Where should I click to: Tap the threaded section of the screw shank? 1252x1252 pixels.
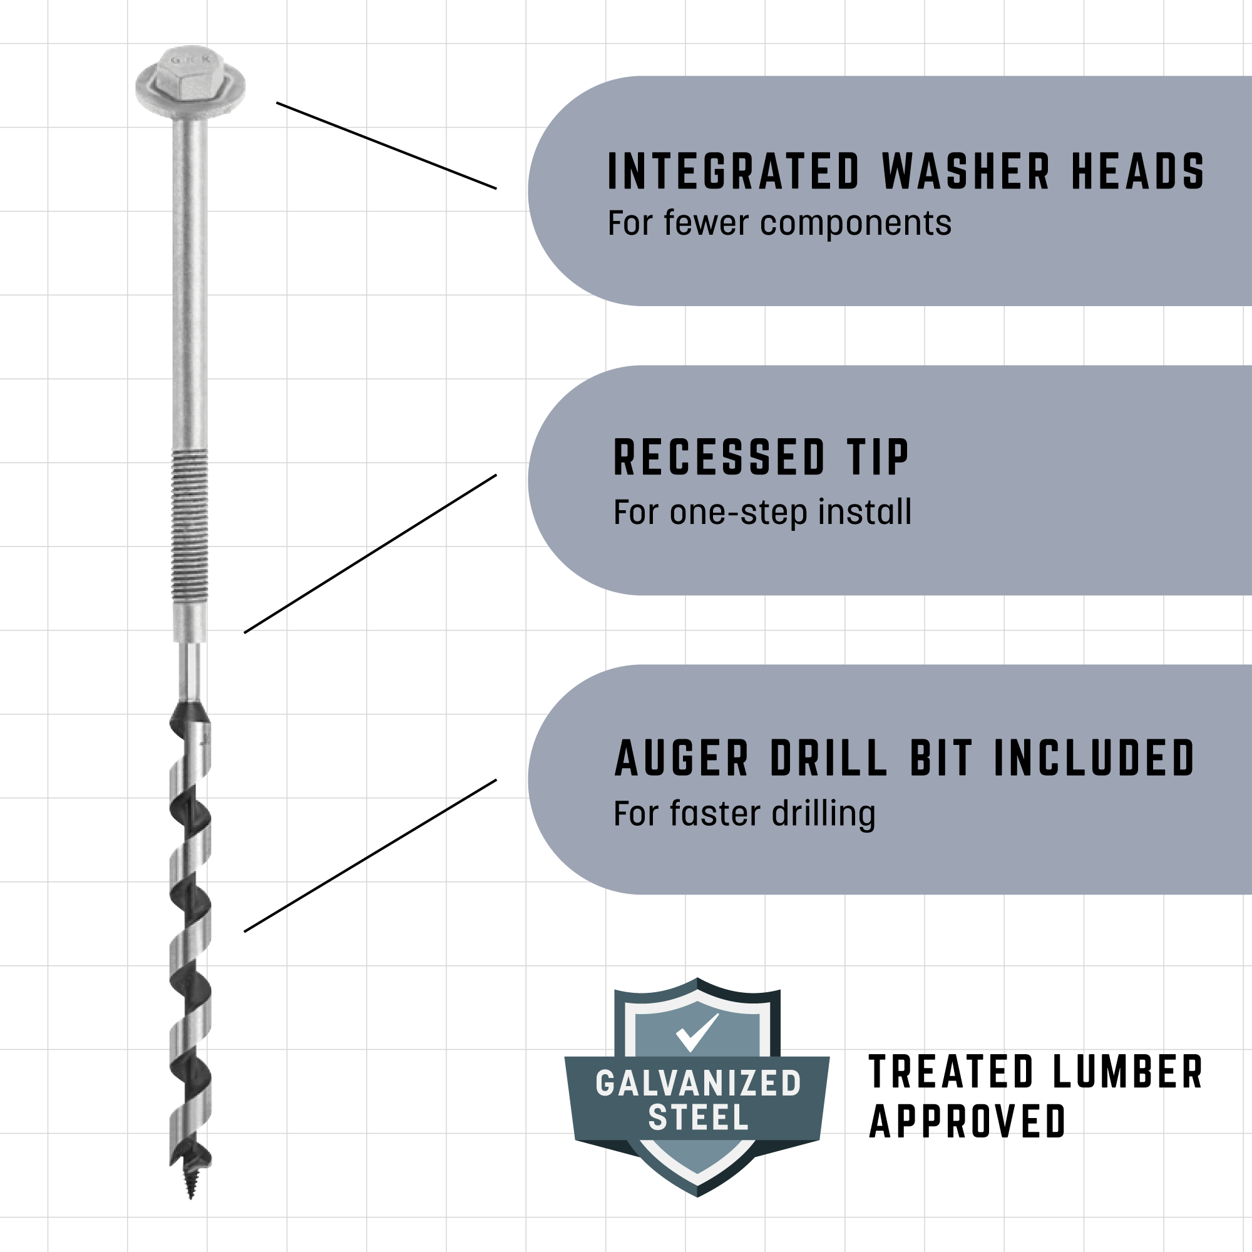coord(190,525)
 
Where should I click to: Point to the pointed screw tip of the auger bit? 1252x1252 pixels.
coord(190,1182)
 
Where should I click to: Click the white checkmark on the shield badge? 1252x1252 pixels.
coord(697,1032)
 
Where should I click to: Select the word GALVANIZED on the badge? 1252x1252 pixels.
coord(698,1084)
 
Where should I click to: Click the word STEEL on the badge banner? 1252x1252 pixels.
coord(698,1118)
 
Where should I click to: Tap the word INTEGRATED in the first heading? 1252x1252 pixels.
coord(734,172)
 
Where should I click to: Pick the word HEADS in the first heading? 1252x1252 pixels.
coord(1137,172)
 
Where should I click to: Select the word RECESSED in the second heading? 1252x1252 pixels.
coord(719,458)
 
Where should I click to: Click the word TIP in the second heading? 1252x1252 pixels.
coord(878,458)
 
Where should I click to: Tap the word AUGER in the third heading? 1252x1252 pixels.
coord(681,757)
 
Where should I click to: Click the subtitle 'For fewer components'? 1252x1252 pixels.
coord(779,223)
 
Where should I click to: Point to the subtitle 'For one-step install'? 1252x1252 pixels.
coord(762,512)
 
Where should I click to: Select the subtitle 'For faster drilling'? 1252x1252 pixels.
coord(744,814)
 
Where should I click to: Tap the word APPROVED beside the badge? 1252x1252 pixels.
coord(967,1122)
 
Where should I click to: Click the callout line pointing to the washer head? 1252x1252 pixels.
coord(386,146)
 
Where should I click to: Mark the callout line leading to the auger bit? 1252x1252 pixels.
coord(370,855)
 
